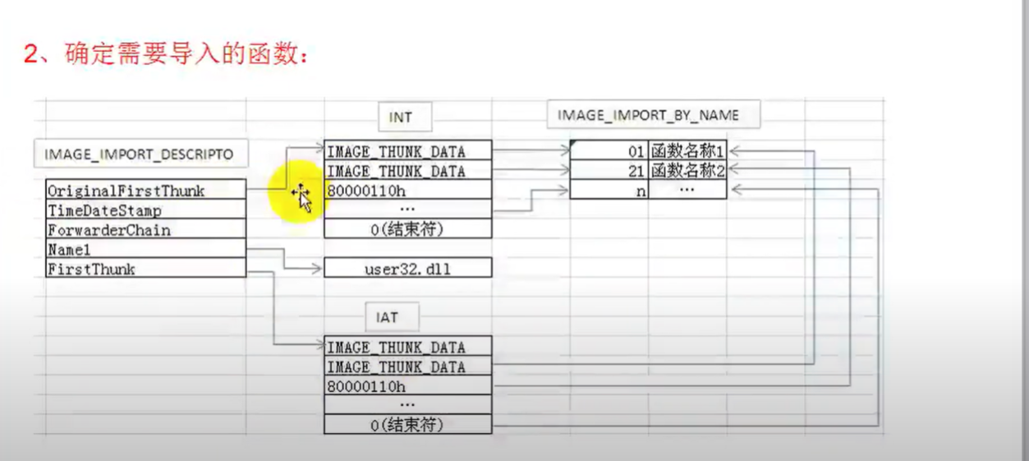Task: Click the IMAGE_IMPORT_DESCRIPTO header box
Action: pyautogui.click(x=139, y=154)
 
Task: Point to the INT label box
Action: pyautogui.click(x=400, y=118)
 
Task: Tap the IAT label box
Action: pyautogui.click(x=387, y=317)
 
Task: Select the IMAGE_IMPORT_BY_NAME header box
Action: pyautogui.click(x=648, y=115)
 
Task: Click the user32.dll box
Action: pyautogui.click(x=407, y=269)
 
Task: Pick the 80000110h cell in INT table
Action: pyautogui.click(x=407, y=190)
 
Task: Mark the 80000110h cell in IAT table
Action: pyautogui.click(x=407, y=386)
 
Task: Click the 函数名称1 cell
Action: pyautogui.click(x=687, y=152)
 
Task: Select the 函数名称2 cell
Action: pyautogui.click(x=687, y=171)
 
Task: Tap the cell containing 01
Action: pyautogui.click(x=609, y=152)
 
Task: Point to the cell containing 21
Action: pyautogui.click(x=609, y=171)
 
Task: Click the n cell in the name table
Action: pyautogui.click(x=609, y=190)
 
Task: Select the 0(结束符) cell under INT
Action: pyautogui.click(x=407, y=229)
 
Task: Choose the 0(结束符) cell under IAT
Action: pyautogui.click(x=407, y=425)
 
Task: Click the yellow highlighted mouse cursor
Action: pyautogui.click(x=301, y=196)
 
